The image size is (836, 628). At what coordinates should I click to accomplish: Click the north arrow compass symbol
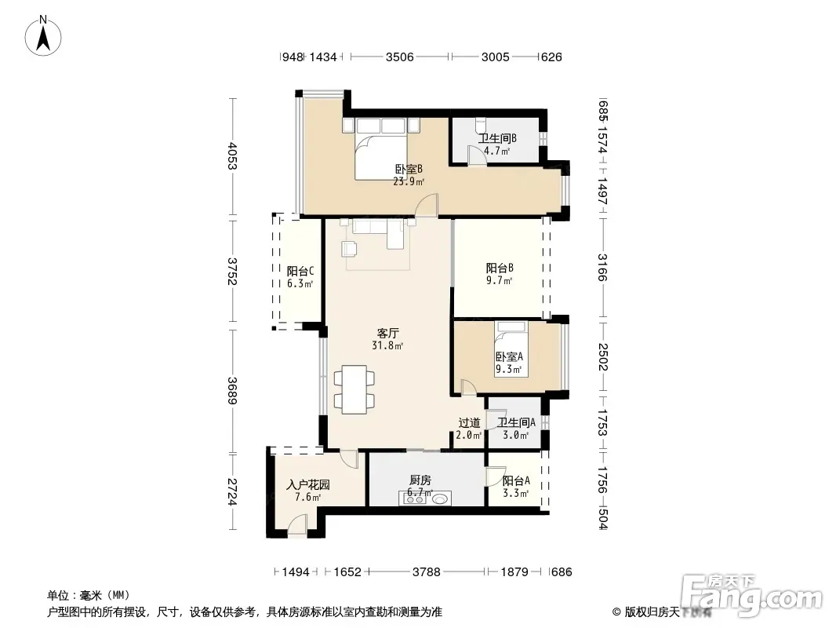43,35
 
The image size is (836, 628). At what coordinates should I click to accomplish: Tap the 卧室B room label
409,169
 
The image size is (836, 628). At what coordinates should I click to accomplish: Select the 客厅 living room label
387,334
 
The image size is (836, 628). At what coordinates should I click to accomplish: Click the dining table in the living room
354,389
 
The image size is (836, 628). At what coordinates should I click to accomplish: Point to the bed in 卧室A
511,349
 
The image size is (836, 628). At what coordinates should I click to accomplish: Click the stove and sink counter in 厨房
424,498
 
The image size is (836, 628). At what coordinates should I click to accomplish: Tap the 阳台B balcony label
500,268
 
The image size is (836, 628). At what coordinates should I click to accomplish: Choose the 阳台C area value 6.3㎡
300,284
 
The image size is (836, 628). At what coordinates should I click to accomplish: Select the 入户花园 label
307,485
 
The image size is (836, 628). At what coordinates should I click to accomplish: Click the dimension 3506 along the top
399,57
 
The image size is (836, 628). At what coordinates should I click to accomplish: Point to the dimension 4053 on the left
232,155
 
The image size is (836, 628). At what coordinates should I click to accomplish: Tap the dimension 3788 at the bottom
426,572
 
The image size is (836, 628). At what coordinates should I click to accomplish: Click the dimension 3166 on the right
602,267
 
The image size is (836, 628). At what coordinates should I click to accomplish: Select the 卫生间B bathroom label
497,139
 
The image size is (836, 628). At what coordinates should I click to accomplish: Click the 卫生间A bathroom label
516,423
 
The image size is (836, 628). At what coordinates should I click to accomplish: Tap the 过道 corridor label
469,423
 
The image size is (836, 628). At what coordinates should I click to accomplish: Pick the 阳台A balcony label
516,480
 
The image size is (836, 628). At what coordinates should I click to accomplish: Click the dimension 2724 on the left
232,491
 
